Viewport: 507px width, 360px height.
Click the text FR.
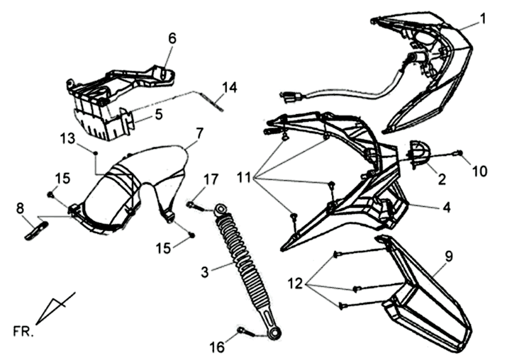pyautogui.click(x=23, y=331)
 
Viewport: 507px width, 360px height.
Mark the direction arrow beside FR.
pyautogui.click(x=56, y=309)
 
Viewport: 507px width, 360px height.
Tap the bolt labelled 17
pyautogui.click(x=195, y=205)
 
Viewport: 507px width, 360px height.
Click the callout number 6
pyautogui.click(x=172, y=38)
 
